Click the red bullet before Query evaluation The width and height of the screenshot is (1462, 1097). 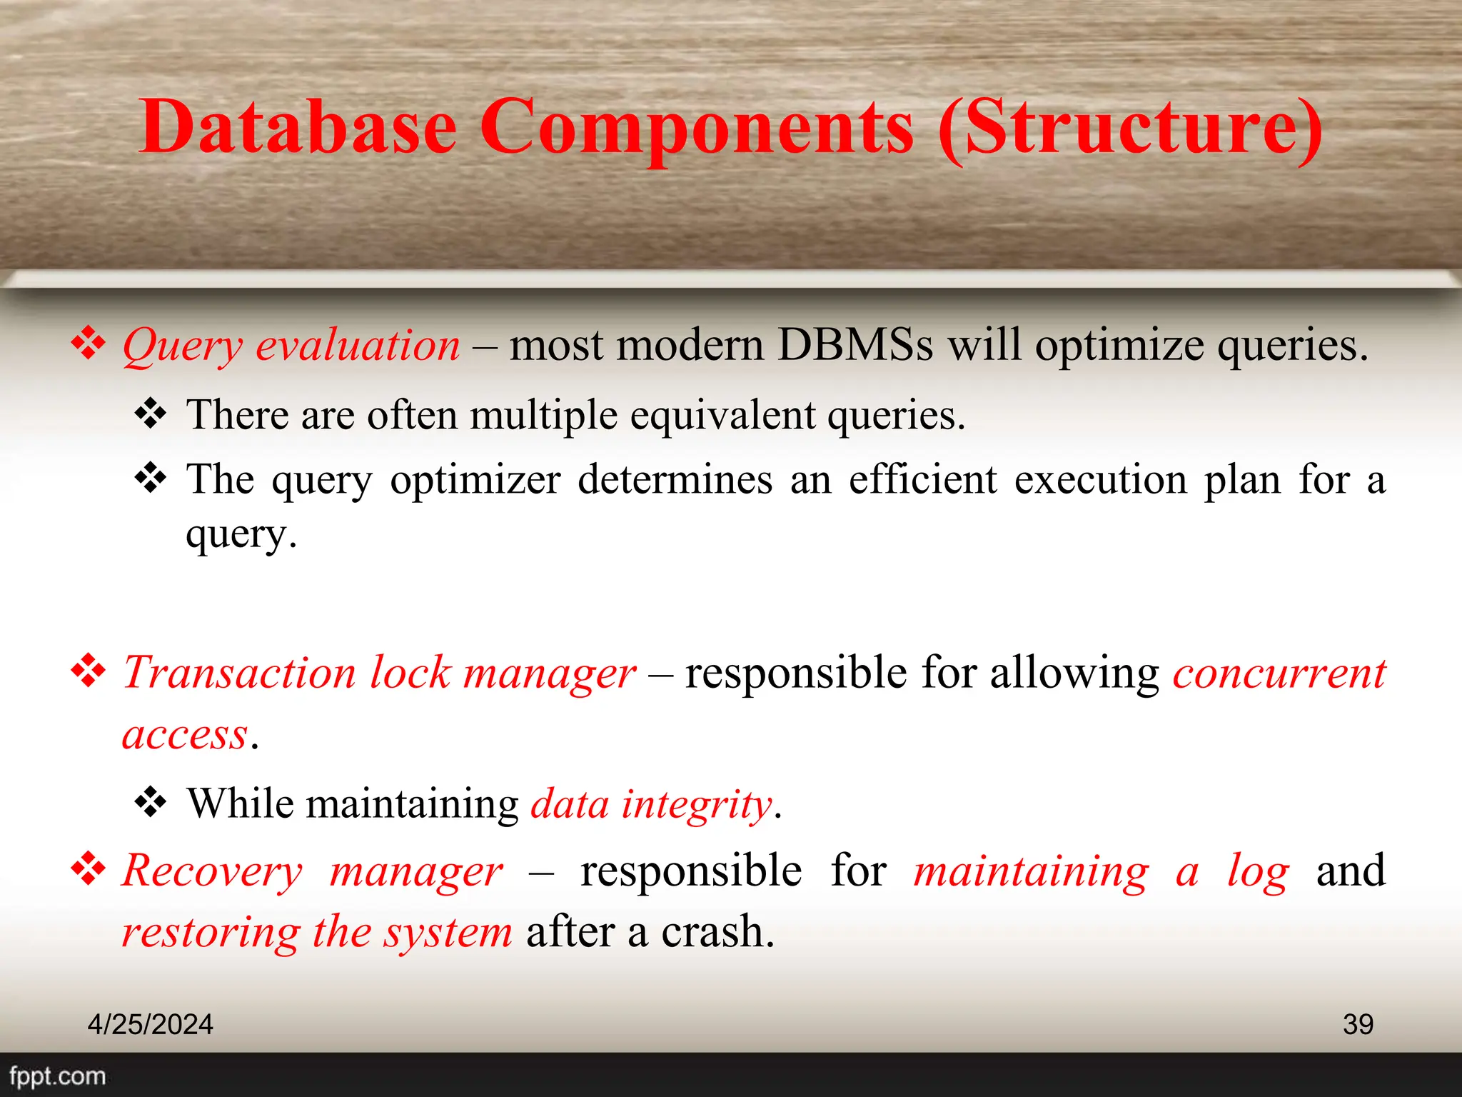pos(89,344)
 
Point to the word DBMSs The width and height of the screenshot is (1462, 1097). pos(854,345)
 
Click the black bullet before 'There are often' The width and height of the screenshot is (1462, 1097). pos(151,414)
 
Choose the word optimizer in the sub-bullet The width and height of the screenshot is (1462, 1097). pos(475,479)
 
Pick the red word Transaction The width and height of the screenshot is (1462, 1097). pos(239,673)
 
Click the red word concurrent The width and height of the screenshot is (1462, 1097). pos(1279,673)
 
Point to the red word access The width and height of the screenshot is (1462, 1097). pos(185,735)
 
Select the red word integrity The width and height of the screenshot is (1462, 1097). pos(697,805)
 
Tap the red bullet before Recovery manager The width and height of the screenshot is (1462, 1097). pos(89,868)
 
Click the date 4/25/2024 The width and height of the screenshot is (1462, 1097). pos(150,1024)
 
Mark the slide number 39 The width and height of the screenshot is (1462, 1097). pos(1358,1024)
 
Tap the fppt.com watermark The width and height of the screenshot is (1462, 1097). pos(58,1076)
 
